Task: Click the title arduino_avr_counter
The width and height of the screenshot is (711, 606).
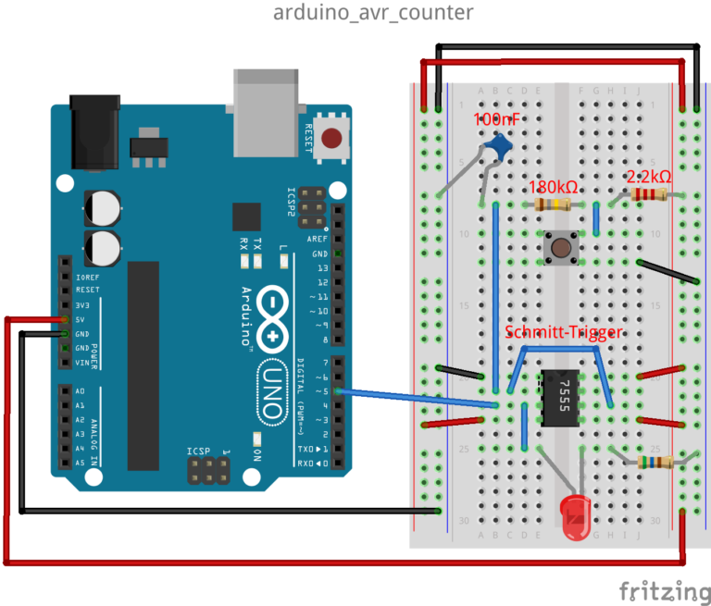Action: click(x=373, y=13)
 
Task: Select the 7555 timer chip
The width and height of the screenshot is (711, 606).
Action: click(x=560, y=398)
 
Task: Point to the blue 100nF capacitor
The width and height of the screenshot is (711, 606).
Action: click(x=501, y=144)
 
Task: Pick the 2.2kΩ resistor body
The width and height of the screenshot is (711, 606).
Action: click(x=648, y=194)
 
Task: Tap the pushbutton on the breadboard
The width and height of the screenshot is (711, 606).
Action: click(x=560, y=247)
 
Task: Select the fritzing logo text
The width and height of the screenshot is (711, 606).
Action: click(x=659, y=589)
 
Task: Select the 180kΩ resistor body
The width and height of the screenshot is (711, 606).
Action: click(x=554, y=204)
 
